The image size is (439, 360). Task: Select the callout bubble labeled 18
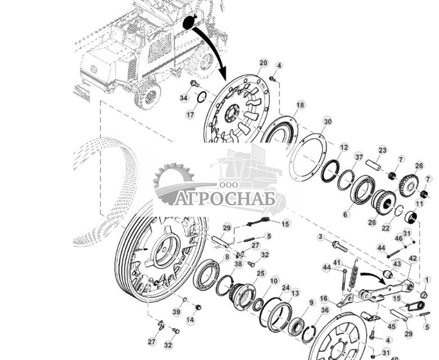(300, 105)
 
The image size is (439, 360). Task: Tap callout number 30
(327, 121)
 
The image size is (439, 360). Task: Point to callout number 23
(382, 150)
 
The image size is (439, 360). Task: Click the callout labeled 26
(419, 166)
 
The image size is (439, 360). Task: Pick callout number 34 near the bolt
(184, 98)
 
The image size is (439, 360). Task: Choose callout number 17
(191, 115)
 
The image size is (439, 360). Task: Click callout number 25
(261, 273)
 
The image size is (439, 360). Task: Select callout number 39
(176, 312)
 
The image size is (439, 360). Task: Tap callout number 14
(190, 320)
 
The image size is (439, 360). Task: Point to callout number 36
(325, 310)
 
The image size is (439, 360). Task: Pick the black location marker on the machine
(189, 22)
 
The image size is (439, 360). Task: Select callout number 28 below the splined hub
(372, 223)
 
